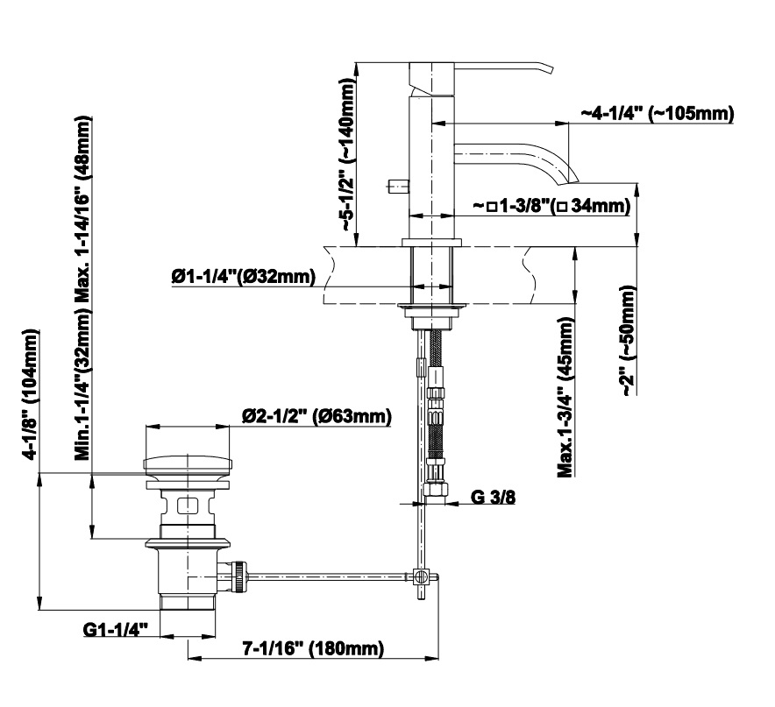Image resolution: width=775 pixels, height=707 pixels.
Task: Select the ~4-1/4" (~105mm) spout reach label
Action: (x=657, y=115)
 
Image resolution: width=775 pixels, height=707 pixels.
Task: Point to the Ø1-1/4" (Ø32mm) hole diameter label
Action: (x=243, y=278)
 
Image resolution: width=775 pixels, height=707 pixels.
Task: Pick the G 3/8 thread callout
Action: (x=493, y=498)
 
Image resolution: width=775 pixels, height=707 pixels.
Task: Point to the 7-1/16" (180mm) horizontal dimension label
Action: (x=313, y=648)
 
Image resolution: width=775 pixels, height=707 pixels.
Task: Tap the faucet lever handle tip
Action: (x=550, y=67)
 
